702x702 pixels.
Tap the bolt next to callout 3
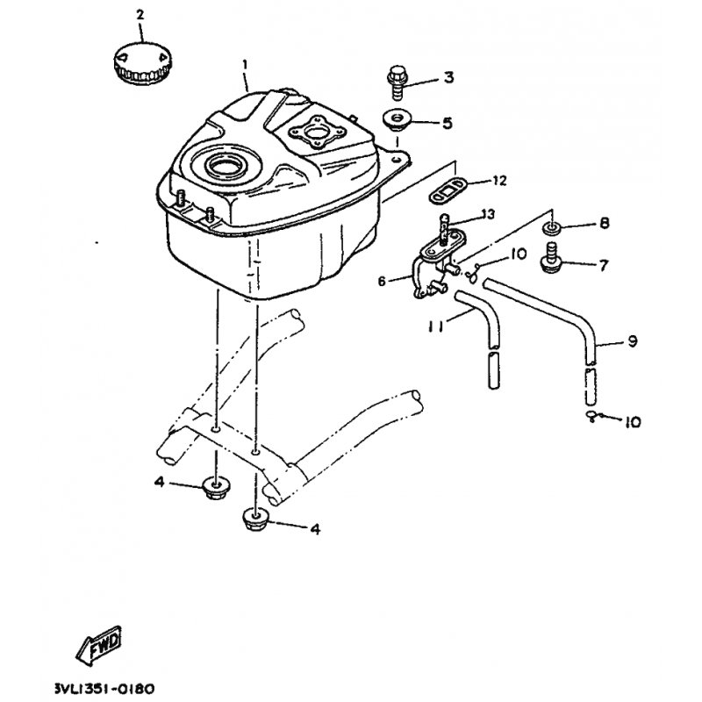click(x=397, y=83)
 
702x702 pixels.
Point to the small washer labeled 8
click(x=551, y=227)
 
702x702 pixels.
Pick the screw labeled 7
click(x=551, y=256)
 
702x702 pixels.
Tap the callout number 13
click(x=487, y=214)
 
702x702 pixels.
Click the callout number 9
click(x=632, y=341)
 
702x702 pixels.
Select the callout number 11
click(x=434, y=327)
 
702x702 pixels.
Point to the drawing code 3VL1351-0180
click(x=104, y=688)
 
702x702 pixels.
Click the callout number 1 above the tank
click(x=245, y=65)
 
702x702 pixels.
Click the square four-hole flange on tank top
click(x=319, y=133)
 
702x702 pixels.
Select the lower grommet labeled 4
click(x=254, y=520)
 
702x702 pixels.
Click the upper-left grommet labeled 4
click(x=216, y=489)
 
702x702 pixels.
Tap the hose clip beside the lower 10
click(x=591, y=416)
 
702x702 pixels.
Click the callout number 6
click(x=382, y=282)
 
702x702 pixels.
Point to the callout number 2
click(x=140, y=15)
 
